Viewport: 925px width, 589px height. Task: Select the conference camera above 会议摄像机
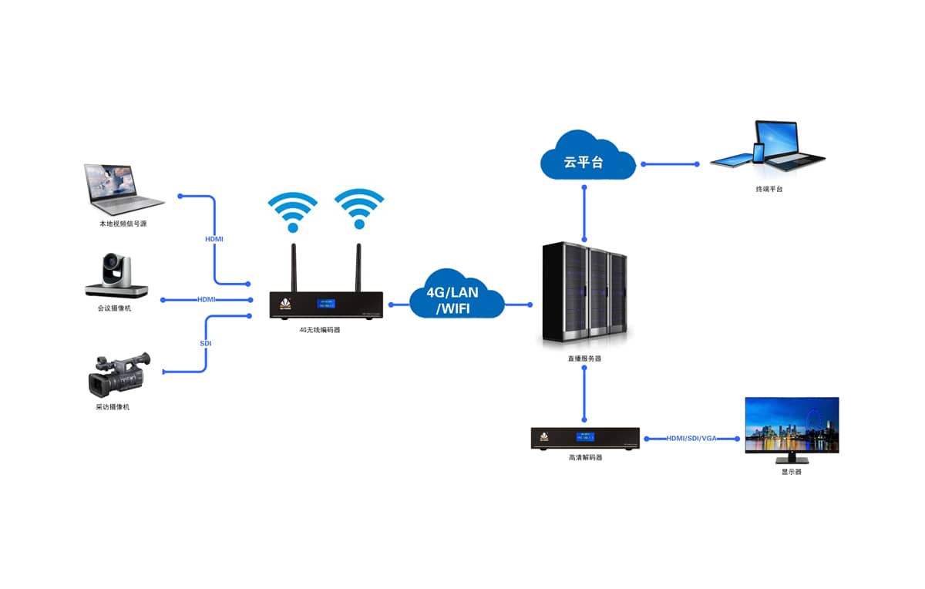(x=116, y=276)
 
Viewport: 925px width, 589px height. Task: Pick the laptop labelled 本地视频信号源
(x=123, y=189)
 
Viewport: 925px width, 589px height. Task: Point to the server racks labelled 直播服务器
(x=584, y=294)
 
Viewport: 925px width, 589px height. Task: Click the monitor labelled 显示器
(x=791, y=426)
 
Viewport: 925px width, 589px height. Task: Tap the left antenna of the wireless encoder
(x=294, y=267)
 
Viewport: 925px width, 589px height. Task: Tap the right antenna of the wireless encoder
(x=358, y=267)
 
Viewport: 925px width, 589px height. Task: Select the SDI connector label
(x=206, y=343)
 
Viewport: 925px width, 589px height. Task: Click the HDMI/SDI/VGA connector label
(x=691, y=438)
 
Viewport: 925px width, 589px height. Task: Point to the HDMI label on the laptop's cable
(x=214, y=239)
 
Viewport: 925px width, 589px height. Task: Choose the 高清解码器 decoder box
(x=586, y=438)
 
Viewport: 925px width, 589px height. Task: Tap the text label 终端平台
(x=769, y=189)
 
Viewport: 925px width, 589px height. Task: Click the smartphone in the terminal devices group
(x=758, y=153)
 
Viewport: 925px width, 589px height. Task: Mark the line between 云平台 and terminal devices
(x=669, y=163)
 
